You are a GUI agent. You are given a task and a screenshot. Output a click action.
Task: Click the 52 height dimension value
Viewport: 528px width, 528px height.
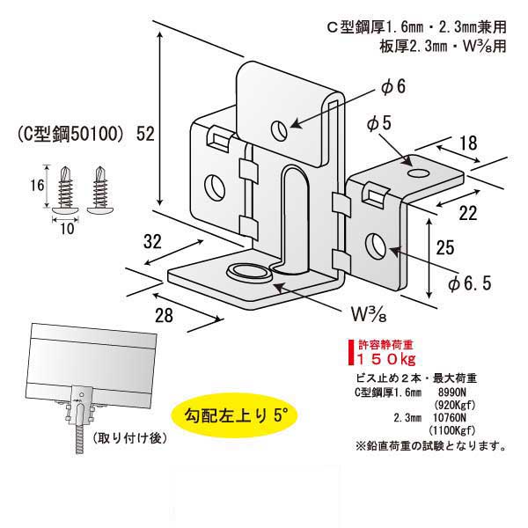click(146, 134)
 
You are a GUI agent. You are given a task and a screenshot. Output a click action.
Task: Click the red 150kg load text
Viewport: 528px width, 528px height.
click(385, 360)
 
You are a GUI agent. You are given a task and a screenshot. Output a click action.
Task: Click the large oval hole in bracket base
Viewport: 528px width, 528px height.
click(248, 271)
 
